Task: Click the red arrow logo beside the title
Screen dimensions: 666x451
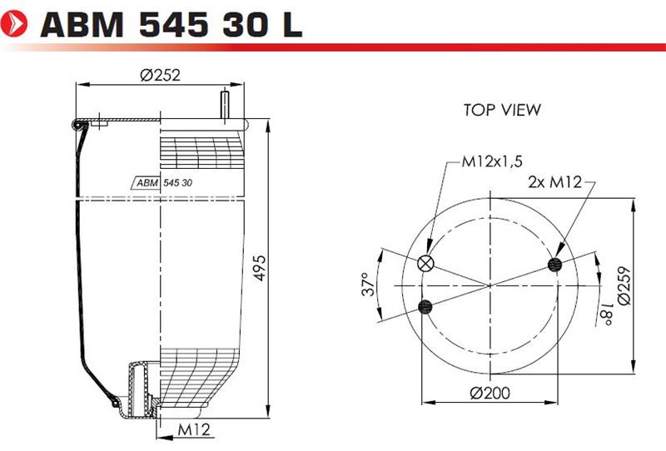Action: [13, 23]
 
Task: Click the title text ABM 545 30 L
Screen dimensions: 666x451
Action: [171, 24]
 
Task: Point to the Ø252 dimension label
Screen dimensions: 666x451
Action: [160, 75]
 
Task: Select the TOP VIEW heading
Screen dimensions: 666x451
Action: [502, 110]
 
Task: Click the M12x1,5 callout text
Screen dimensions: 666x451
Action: [492, 161]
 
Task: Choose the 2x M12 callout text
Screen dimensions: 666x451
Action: [554, 182]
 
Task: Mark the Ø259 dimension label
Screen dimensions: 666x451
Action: [624, 285]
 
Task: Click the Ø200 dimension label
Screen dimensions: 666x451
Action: [490, 393]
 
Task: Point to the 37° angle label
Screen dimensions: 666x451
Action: [368, 285]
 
